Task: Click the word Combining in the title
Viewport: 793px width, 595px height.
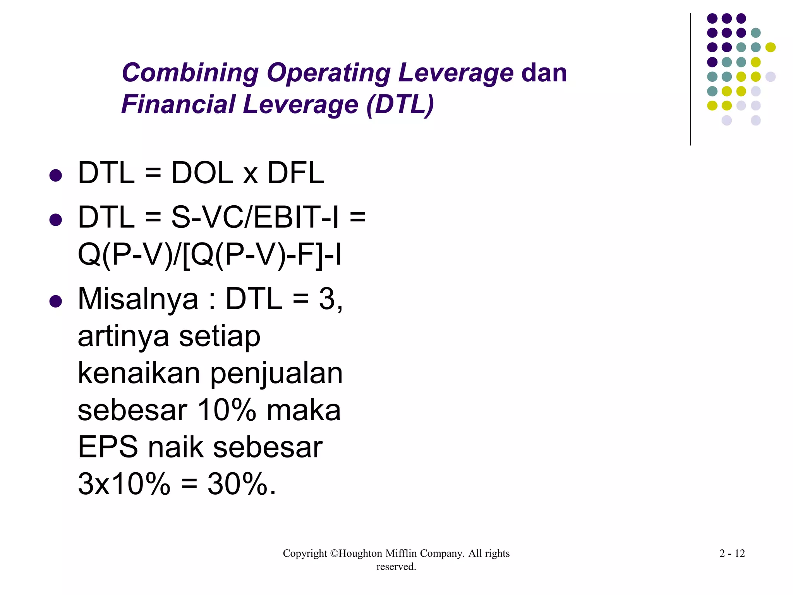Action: point(190,73)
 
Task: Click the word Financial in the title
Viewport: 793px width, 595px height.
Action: point(178,105)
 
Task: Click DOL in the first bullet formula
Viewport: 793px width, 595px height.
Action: point(202,173)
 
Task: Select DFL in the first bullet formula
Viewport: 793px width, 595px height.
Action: point(295,173)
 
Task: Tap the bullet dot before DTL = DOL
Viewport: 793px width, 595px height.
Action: point(56,175)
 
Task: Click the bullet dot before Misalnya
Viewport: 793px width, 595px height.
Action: point(56,301)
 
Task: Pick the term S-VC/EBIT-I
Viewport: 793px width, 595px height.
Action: point(255,217)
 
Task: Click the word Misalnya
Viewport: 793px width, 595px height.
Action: point(138,299)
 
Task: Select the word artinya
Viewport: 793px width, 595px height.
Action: point(123,336)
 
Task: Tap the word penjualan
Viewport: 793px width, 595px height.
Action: point(276,373)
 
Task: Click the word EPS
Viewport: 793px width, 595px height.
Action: point(108,447)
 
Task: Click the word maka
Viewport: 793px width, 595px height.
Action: point(304,411)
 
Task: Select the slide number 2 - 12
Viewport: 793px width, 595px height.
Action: point(732,553)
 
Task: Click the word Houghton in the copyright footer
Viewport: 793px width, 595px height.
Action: point(362,553)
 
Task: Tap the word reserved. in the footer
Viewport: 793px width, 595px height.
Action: point(396,567)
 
